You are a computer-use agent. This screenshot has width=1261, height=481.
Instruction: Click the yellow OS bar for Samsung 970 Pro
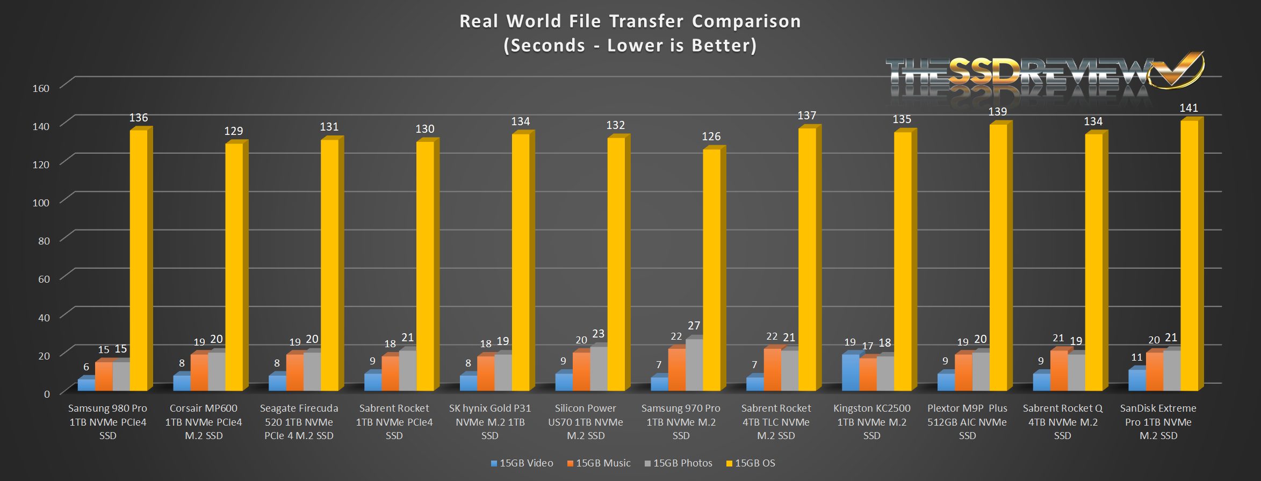coord(711,269)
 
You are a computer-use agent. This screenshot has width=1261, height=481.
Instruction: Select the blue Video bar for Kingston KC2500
coord(850,372)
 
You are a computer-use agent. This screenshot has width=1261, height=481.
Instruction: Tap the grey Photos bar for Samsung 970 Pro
coord(694,364)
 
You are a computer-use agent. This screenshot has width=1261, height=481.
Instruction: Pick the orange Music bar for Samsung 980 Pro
coord(104,376)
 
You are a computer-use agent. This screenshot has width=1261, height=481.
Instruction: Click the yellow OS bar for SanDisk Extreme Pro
coord(1188,255)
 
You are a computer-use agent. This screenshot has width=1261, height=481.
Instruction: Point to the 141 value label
coord(1188,108)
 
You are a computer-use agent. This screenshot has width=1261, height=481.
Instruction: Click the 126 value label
coord(711,137)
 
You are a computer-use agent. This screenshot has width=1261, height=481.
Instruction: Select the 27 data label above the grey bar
coord(694,326)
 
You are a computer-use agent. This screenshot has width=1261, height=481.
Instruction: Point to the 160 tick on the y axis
coord(41,88)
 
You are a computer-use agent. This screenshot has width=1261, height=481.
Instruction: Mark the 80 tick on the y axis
coord(44,241)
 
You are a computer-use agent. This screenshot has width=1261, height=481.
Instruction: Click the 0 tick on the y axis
coord(47,394)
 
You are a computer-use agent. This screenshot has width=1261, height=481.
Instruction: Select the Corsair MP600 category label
coord(204,422)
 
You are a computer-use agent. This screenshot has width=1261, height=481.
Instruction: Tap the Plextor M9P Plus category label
coord(967,422)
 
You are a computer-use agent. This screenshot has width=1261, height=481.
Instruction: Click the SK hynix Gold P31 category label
coord(490,422)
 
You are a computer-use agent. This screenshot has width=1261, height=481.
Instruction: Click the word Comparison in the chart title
coord(746,21)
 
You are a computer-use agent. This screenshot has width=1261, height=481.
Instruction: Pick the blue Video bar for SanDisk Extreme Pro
coord(1136,379)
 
